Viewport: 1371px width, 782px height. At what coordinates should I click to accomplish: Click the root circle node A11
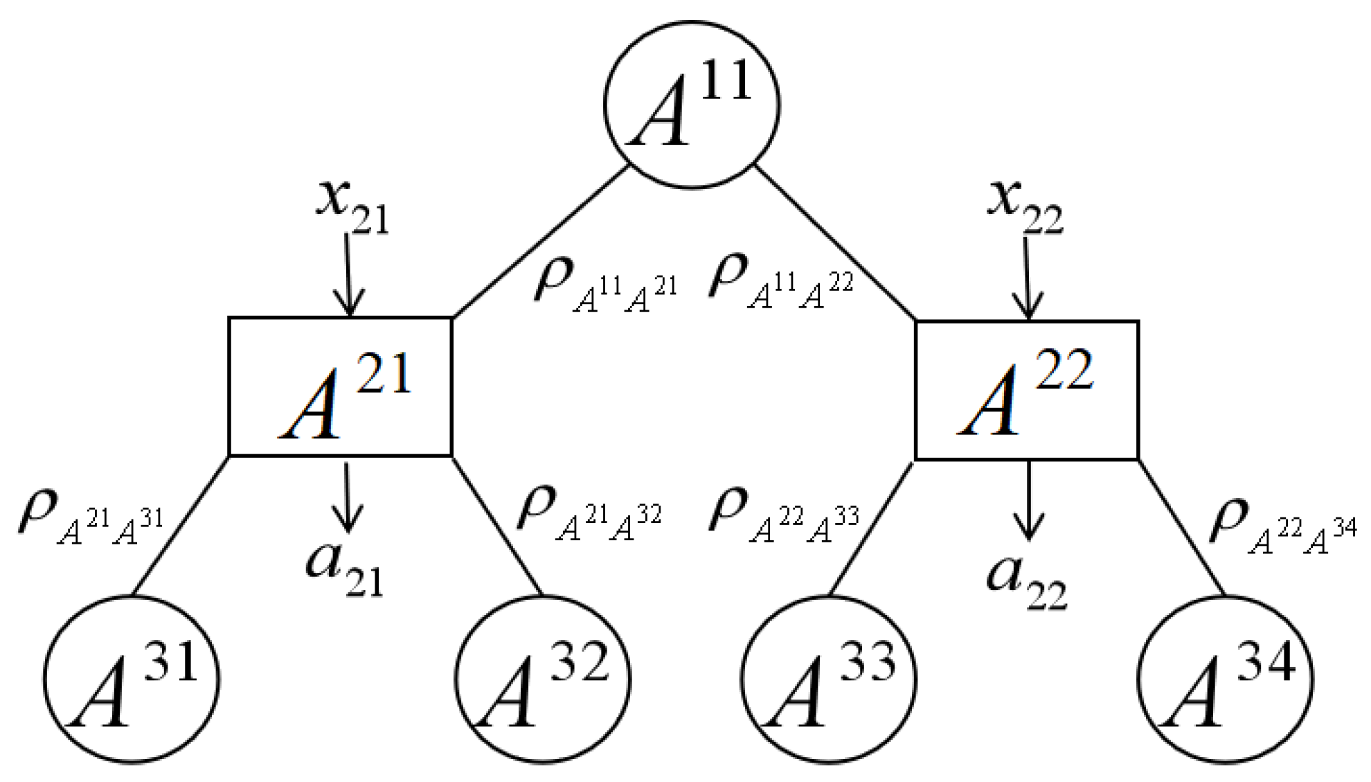pyautogui.click(x=692, y=105)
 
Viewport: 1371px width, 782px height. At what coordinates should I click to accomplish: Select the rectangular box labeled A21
pyautogui.click(x=340, y=386)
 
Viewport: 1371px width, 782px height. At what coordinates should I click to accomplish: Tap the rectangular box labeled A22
pyautogui.click(x=1027, y=390)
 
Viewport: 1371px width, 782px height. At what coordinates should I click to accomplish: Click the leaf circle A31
pyautogui.click(x=132, y=679)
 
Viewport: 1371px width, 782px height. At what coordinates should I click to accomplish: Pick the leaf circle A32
pyautogui.click(x=543, y=679)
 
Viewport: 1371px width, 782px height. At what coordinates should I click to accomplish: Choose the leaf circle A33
pyautogui.click(x=828, y=679)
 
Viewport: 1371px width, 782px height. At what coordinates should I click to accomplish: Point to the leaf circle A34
pyautogui.click(x=1225, y=679)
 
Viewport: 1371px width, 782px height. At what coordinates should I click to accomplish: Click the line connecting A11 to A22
pyautogui.click(x=834, y=242)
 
